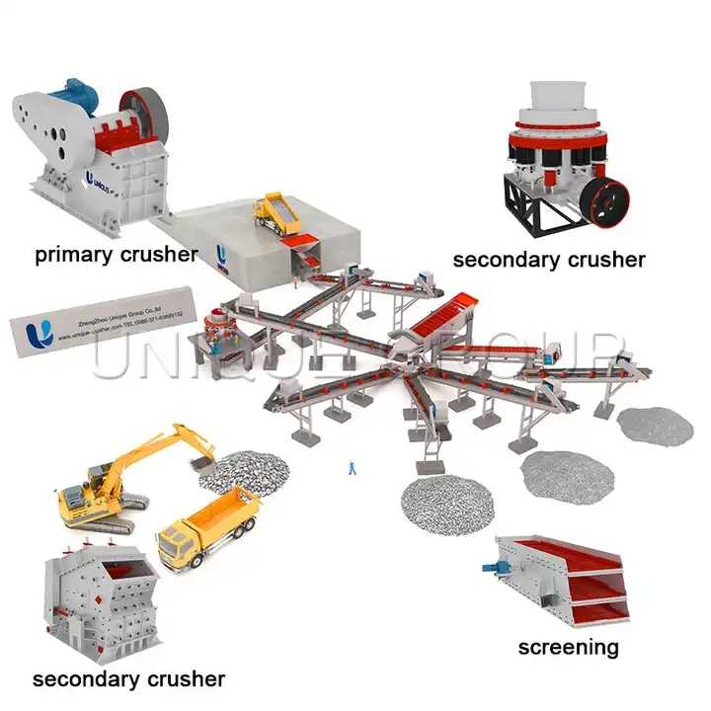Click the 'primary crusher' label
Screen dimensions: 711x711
116,255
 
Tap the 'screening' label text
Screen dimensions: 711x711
568,647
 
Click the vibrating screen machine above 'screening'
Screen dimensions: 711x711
561,579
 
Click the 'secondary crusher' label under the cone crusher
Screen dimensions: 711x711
548,260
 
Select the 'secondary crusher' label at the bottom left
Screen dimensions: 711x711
128,679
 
